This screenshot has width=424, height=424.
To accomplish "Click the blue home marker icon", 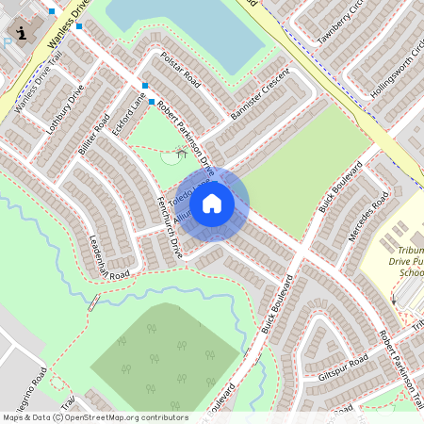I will tap(212, 203).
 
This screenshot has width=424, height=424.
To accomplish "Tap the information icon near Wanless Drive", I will tap(21, 34).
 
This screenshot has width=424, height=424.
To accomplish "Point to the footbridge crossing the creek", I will tap(93, 302).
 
